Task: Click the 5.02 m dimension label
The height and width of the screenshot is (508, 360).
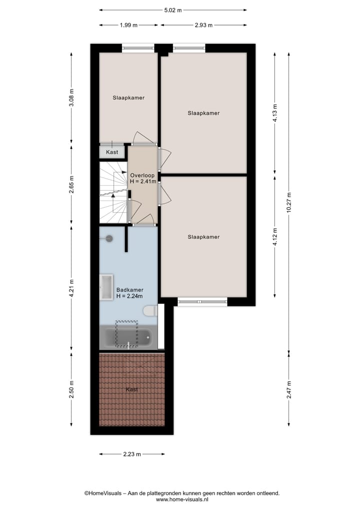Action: [x=172, y=9]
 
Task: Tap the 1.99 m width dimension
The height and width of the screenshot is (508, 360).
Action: [x=128, y=25]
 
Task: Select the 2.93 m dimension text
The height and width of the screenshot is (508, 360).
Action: [x=203, y=25]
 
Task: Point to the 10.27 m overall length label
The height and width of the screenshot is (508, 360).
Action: [x=289, y=202]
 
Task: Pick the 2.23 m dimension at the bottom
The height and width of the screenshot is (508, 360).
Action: [x=131, y=454]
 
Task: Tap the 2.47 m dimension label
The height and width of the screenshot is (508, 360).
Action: [x=289, y=387]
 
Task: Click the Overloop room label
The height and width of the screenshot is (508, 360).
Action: [x=142, y=175]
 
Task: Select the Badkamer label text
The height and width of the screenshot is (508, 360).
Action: [x=129, y=290]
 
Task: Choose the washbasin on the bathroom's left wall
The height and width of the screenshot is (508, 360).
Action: [x=106, y=287]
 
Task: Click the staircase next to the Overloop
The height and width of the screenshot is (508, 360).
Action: [x=113, y=192]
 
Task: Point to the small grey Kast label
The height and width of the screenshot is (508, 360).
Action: [x=112, y=152]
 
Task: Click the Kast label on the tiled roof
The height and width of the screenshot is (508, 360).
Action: [x=132, y=390]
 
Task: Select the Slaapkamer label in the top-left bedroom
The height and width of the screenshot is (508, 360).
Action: [x=128, y=98]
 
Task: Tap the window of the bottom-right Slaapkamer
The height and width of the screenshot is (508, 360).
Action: [x=202, y=302]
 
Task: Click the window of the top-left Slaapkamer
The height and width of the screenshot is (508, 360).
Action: [x=138, y=48]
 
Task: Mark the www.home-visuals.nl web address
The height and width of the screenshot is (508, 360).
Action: [x=182, y=499]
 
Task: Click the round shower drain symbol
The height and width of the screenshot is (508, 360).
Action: [x=109, y=238]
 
